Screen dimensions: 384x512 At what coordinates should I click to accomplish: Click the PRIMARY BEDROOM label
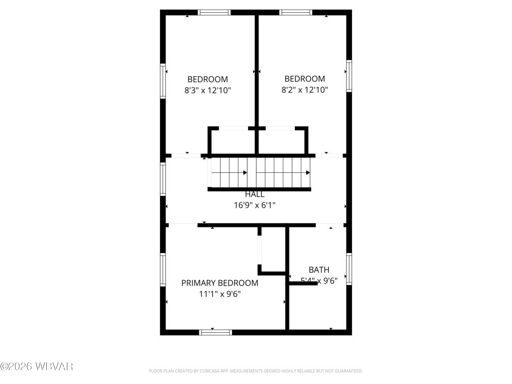[220, 283]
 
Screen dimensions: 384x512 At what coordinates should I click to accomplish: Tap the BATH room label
[319, 270]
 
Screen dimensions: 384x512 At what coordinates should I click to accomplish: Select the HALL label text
[255, 194]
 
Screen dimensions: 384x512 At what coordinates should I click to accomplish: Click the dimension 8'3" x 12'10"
[207, 90]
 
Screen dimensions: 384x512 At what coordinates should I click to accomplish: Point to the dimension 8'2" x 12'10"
[305, 90]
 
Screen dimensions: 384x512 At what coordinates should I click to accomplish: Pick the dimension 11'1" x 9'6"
[220, 294]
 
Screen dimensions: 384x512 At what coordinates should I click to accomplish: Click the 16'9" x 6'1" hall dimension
[255, 205]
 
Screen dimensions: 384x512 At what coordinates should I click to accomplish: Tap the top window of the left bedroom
[214, 12]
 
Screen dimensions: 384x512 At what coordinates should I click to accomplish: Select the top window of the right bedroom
[295, 12]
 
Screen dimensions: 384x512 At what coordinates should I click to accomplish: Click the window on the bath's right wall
[349, 269]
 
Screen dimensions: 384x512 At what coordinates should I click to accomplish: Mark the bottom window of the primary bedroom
[215, 332]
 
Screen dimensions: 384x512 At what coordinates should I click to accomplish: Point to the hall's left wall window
[163, 179]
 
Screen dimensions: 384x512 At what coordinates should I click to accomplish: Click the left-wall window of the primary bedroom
[163, 269]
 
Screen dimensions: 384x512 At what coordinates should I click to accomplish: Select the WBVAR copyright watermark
[37, 366]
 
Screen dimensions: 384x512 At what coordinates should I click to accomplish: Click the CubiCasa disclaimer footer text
[256, 371]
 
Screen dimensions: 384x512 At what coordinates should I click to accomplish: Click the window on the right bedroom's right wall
[349, 76]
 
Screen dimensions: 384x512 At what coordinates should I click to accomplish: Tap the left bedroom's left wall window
[163, 81]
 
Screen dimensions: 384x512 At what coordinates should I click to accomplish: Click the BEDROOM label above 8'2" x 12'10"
[305, 79]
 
